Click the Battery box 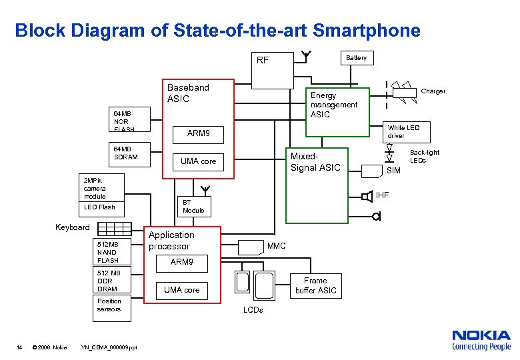[356, 58]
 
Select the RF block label [263, 60]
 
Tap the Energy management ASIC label [334, 105]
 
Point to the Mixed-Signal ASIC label [315, 162]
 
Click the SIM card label [394, 171]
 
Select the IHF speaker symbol [367, 196]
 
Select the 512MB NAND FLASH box [111, 252]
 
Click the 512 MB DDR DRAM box [111, 281]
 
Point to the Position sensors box [111, 305]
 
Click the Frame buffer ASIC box [315, 285]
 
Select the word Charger [433, 91]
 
